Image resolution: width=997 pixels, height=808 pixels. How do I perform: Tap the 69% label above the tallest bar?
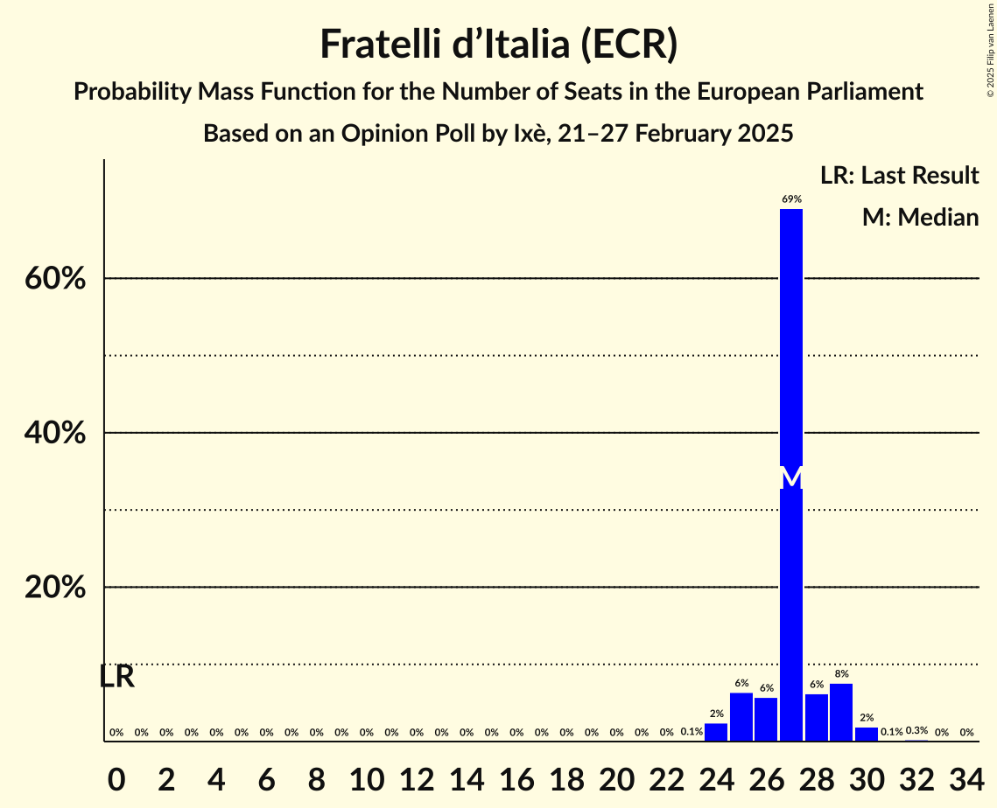click(791, 199)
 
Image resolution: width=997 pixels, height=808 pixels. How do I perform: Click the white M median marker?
click(791, 477)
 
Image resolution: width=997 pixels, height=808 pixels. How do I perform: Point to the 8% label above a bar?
click(841, 673)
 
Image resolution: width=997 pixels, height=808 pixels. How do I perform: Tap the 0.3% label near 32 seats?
click(916, 730)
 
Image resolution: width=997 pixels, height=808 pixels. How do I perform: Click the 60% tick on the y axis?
click(55, 279)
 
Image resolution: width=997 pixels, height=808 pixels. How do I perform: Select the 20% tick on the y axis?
click(55, 588)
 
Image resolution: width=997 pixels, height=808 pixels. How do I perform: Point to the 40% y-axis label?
click(55, 434)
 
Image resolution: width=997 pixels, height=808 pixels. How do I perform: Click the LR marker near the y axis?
click(116, 677)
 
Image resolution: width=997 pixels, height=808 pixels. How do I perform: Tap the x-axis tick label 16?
click(516, 774)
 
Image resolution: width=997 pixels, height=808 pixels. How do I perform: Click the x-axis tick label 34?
click(966, 774)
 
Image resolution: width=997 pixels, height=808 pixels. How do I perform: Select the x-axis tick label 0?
click(116, 774)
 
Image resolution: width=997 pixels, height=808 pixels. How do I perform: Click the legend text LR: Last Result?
click(899, 176)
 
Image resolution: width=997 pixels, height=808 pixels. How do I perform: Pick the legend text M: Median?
click(920, 217)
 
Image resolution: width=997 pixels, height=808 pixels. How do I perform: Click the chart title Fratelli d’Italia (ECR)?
click(498, 44)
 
